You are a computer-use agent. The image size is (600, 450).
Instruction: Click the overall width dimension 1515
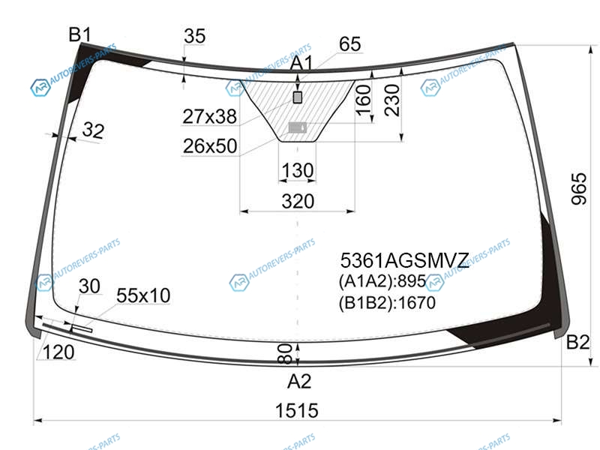point(297,410)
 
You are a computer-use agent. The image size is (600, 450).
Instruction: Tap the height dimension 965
point(578,189)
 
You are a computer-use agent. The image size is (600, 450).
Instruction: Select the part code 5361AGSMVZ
point(404,260)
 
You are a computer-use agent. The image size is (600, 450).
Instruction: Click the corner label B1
point(80,34)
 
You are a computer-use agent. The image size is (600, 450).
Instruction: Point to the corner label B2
point(577,342)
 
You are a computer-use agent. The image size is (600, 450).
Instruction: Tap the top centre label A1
point(301,63)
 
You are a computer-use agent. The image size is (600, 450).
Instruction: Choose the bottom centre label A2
point(299,381)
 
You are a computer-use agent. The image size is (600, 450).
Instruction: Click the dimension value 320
point(298,201)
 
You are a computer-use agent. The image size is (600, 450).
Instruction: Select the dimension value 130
point(298,171)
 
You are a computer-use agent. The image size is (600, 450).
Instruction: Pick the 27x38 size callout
point(210,116)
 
